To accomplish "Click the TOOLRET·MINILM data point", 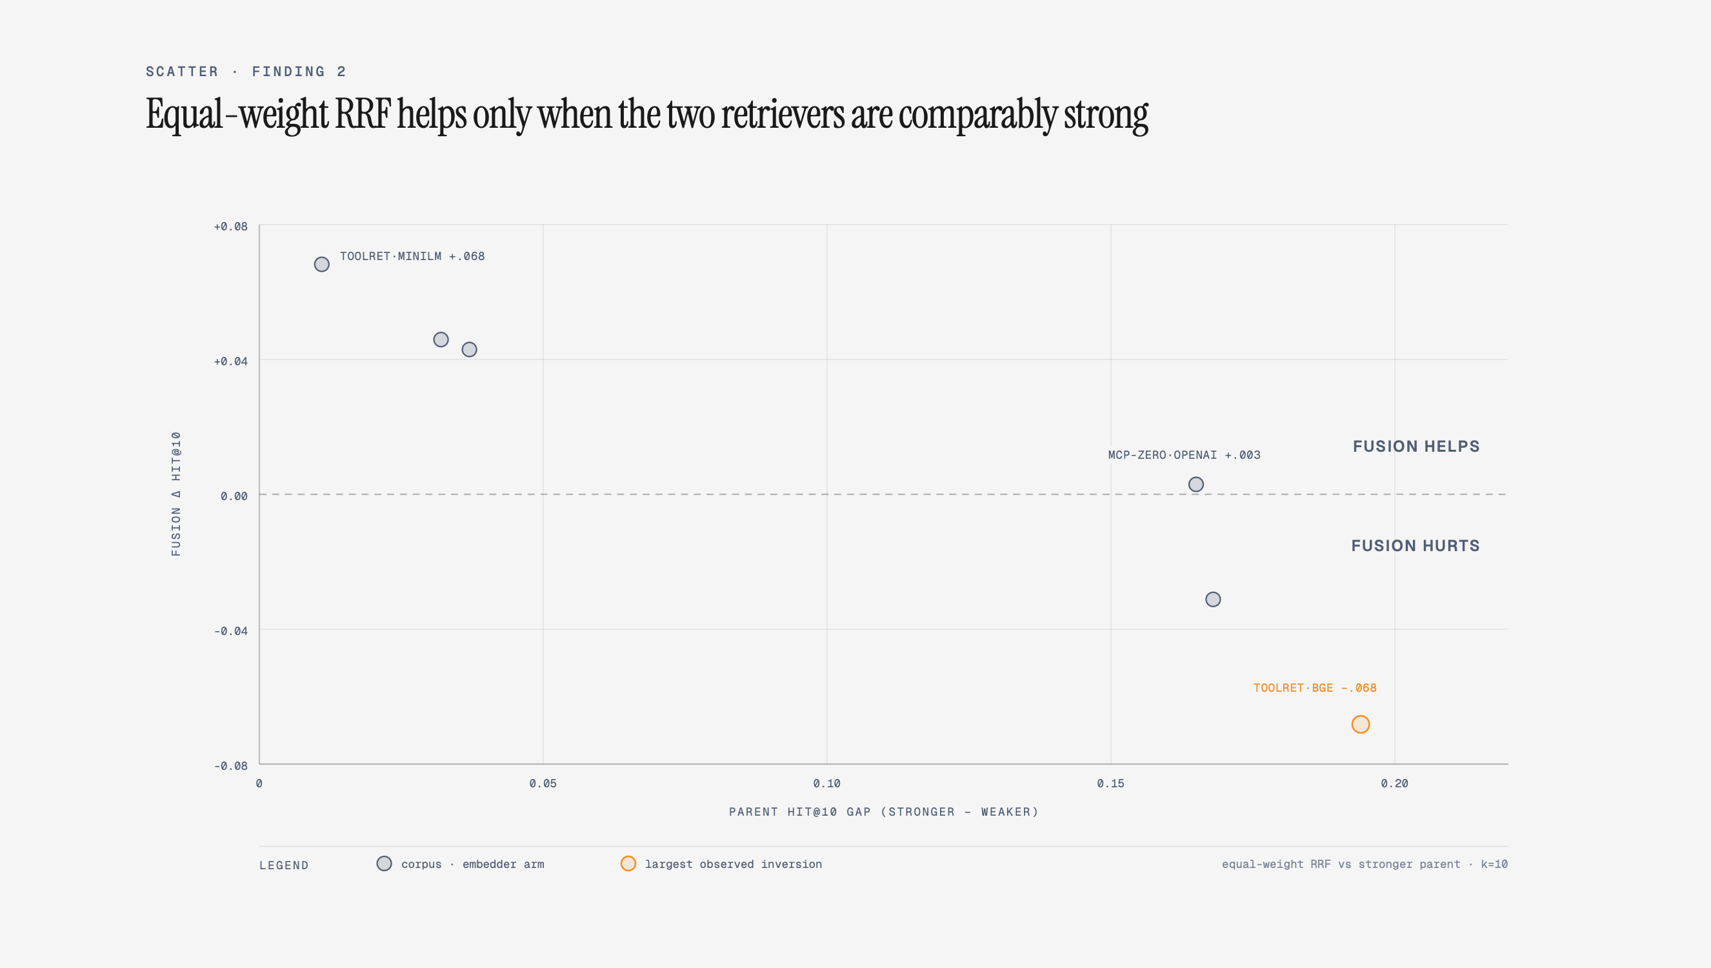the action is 321,265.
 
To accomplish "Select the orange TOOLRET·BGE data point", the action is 1360,724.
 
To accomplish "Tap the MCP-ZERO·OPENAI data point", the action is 1196,484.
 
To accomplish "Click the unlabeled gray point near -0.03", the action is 1213,599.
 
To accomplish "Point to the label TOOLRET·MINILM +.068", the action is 412,256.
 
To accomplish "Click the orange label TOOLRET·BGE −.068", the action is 1314,687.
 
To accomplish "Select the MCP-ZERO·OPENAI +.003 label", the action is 1184,455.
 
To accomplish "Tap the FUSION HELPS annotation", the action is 1416,446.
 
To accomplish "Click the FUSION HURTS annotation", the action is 1416,546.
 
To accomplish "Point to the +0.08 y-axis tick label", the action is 230,227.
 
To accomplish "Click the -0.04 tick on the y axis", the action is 230,631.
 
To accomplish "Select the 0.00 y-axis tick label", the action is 234,496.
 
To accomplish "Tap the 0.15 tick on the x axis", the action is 1110,783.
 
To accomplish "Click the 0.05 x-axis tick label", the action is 543,783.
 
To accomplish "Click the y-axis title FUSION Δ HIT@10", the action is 176,493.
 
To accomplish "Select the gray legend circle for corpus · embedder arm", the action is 384,863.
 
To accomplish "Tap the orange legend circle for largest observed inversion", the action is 628,863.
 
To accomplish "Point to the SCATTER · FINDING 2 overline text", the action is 246,71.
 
